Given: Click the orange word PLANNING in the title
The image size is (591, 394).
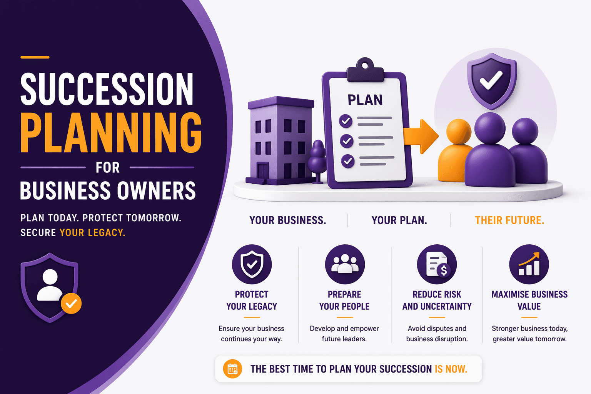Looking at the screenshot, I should pyautogui.click(x=111, y=133).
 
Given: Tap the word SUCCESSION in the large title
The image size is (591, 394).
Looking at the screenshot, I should pyautogui.click(x=107, y=89).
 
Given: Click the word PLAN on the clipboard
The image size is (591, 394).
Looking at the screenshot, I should pyautogui.click(x=365, y=100).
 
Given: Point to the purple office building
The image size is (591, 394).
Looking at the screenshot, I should pyautogui.click(x=279, y=140).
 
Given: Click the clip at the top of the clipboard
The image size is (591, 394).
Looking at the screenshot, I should pyautogui.click(x=365, y=70).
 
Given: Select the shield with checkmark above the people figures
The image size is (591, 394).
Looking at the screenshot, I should pyautogui.click(x=491, y=80).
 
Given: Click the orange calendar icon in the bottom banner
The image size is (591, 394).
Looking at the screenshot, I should pyautogui.click(x=232, y=369).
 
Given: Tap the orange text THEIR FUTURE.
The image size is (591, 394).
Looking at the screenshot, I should pyautogui.click(x=509, y=220).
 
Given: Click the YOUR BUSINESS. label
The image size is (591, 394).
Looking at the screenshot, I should pyautogui.click(x=288, y=220).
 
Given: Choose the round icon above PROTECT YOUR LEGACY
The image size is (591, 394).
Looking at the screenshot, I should pyautogui.click(x=252, y=264).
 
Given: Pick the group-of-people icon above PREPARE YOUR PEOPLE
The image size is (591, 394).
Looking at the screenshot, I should pyautogui.click(x=344, y=264).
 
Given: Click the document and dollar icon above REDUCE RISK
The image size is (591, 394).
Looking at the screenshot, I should pyautogui.click(x=437, y=264).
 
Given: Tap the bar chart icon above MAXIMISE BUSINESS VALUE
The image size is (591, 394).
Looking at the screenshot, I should pyautogui.click(x=529, y=264).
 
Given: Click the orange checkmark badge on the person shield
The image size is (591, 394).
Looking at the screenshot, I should pyautogui.click(x=71, y=304).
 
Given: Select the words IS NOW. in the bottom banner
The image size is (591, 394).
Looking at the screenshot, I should pyautogui.click(x=451, y=369).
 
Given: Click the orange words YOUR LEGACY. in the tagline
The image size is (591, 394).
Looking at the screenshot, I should pyautogui.click(x=92, y=233).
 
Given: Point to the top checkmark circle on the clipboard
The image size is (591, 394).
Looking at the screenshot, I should pyautogui.click(x=346, y=121).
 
